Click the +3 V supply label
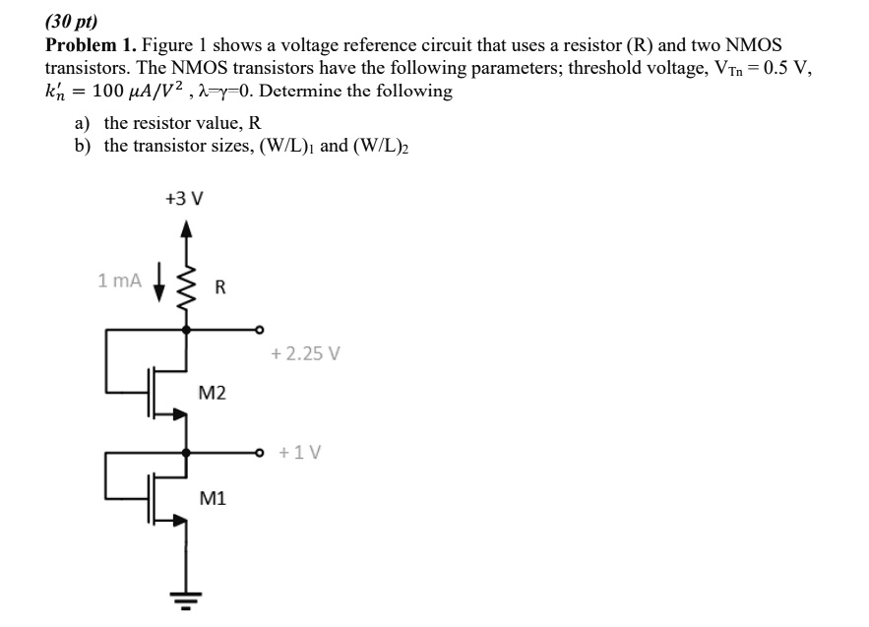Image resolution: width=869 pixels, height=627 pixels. (x=184, y=198)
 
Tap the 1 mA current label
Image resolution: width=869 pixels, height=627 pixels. (x=120, y=281)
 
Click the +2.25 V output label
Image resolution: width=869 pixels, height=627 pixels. (x=305, y=353)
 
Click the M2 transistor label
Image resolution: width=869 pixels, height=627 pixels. (x=212, y=394)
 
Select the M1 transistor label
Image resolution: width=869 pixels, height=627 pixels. (x=212, y=498)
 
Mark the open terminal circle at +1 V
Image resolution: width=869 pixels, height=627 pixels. (x=261, y=453)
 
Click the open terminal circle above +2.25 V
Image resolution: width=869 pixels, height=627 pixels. (x=261, y=330)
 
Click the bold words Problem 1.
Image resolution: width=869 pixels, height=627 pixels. (x=91, y=45)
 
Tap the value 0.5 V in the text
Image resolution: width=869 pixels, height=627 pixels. (x=779, y=68)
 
